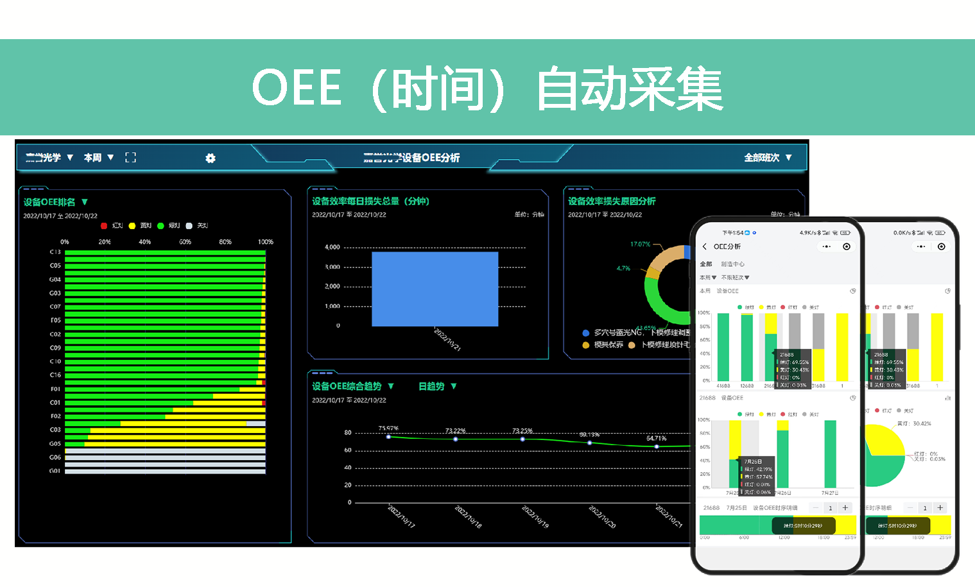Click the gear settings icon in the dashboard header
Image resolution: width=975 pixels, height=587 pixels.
click(x=211, y=158)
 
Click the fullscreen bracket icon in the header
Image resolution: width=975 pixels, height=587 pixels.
click(x=130, y=157)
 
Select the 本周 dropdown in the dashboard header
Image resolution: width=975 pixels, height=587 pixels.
click(x=98, y=157)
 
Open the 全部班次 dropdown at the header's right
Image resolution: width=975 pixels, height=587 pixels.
click(x=768, y=157)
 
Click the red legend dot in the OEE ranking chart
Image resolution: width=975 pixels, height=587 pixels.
click(x=104, y=226)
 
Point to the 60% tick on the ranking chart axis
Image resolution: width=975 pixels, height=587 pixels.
click(x=185, y=242)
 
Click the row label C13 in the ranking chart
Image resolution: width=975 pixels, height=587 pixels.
click(x=55, y=252)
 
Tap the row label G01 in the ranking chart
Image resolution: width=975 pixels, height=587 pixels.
click(x=55, y=471)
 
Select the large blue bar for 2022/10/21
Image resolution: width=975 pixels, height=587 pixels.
click(x=435, y=289)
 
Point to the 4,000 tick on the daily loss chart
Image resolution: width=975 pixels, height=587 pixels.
click(x=332, y=247)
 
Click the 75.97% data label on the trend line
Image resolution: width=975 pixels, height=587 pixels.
click(x=388, y=428)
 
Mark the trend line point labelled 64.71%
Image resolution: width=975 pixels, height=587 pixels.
click(x=657, y=446)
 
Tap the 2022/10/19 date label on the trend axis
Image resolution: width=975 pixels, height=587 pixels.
click(x=535, y=516)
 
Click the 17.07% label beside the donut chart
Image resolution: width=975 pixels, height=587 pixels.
click(x=640, y=244)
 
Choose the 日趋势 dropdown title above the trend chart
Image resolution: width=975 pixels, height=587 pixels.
click(x=437, y=386)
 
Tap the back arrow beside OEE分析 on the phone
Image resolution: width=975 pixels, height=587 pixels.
click(x=704, y=246)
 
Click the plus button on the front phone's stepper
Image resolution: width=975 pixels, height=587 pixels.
click(x=845, y=507)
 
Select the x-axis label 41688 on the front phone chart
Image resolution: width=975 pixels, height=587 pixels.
click(x=723, y=386)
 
